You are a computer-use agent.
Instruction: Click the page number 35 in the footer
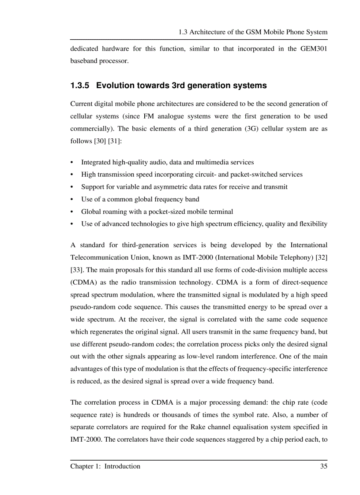click(x=323, y=466)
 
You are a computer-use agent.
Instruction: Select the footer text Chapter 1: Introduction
click(x=105, y=466)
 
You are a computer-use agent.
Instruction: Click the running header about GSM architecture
click(x=253, y=32)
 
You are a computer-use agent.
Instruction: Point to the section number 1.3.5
click(x=80, y=86)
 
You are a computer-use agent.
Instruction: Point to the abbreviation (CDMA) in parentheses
click(x=84, y=282)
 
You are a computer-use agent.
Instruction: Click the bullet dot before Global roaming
click(x=72, y=212)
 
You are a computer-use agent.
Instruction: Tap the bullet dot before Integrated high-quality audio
click(x=72, y=162)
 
